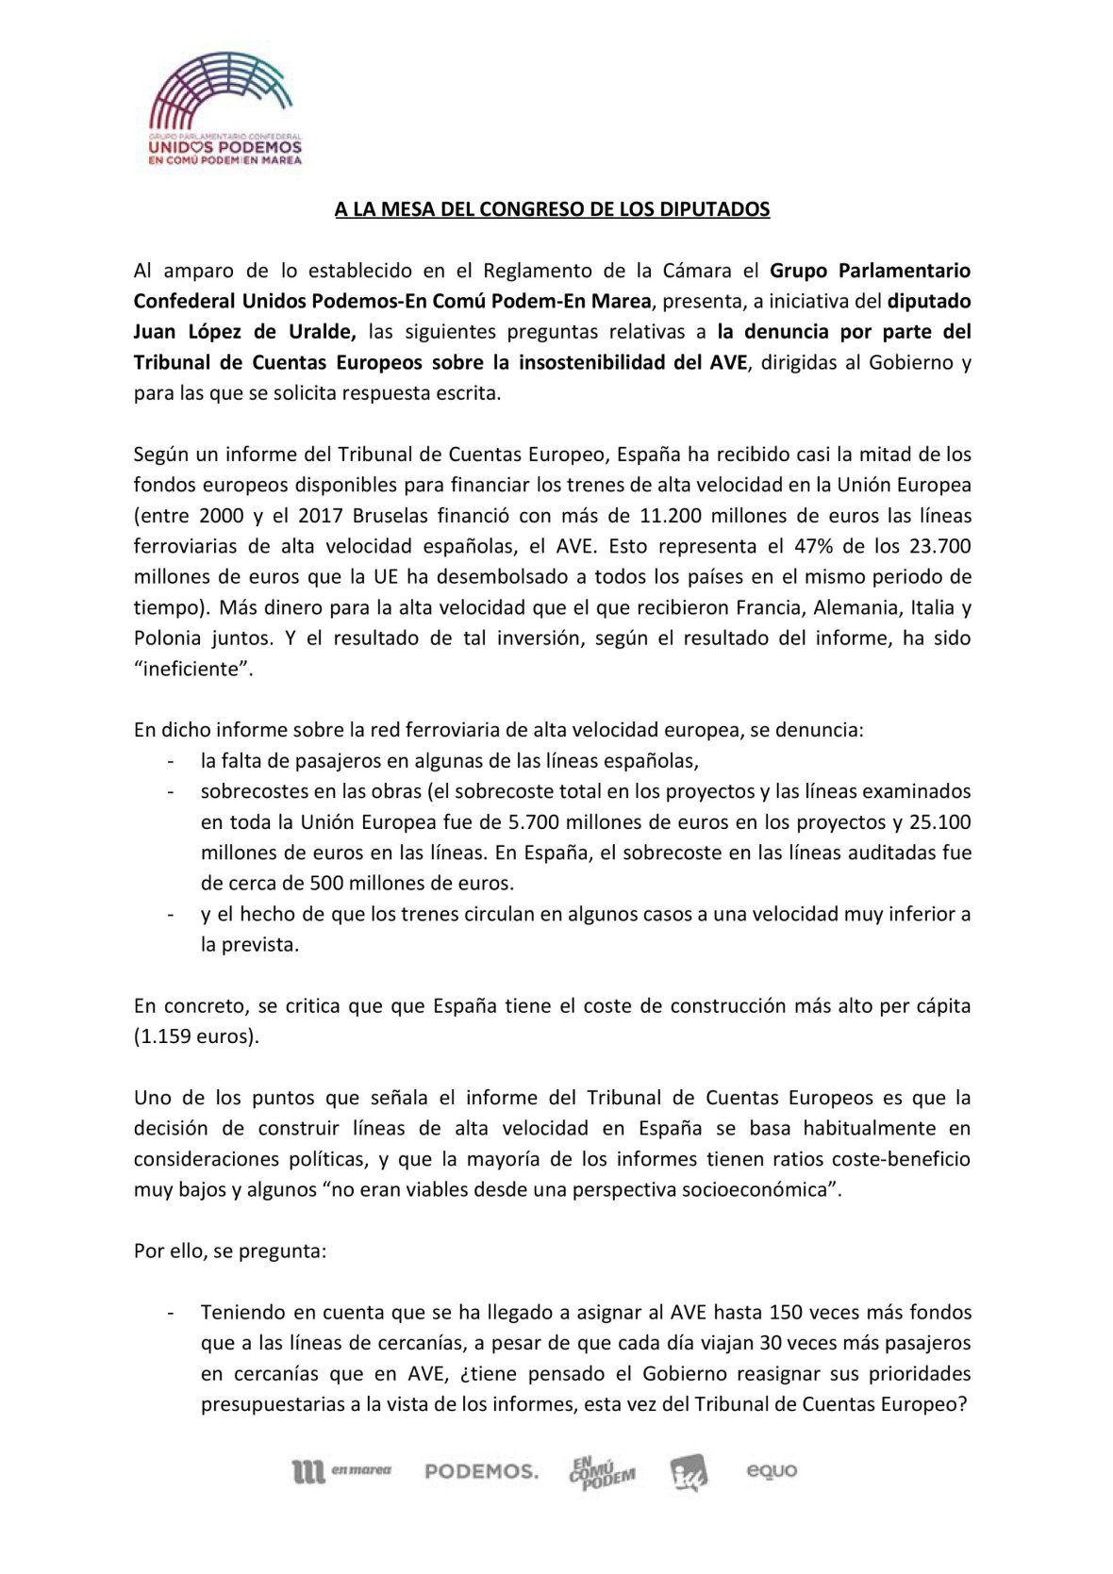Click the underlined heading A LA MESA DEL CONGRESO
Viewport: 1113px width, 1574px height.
click(553, 209)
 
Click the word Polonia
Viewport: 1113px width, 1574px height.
click(167, 638)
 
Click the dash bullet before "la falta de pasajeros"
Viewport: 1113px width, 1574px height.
click(170, 761)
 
